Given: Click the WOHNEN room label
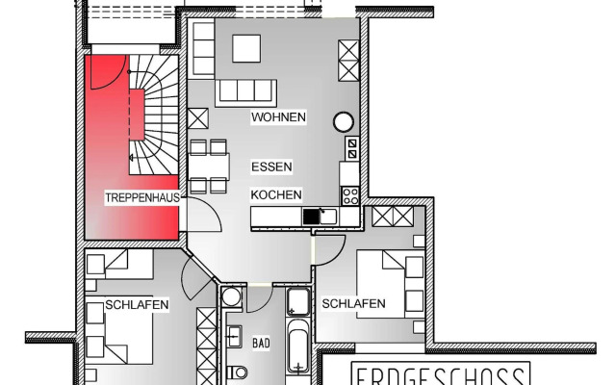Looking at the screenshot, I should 278,117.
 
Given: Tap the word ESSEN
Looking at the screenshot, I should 271,167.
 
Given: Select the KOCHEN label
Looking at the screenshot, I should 276,193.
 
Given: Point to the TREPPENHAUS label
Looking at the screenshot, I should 141,197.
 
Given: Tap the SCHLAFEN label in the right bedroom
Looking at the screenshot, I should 353,304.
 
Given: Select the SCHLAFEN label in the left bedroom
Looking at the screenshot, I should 138,305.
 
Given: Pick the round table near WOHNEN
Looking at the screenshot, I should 344,121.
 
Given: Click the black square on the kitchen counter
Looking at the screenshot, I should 311,217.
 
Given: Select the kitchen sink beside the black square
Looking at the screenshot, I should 328,217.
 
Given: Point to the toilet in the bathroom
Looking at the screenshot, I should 238,372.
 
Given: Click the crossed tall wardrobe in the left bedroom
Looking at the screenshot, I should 206,342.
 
